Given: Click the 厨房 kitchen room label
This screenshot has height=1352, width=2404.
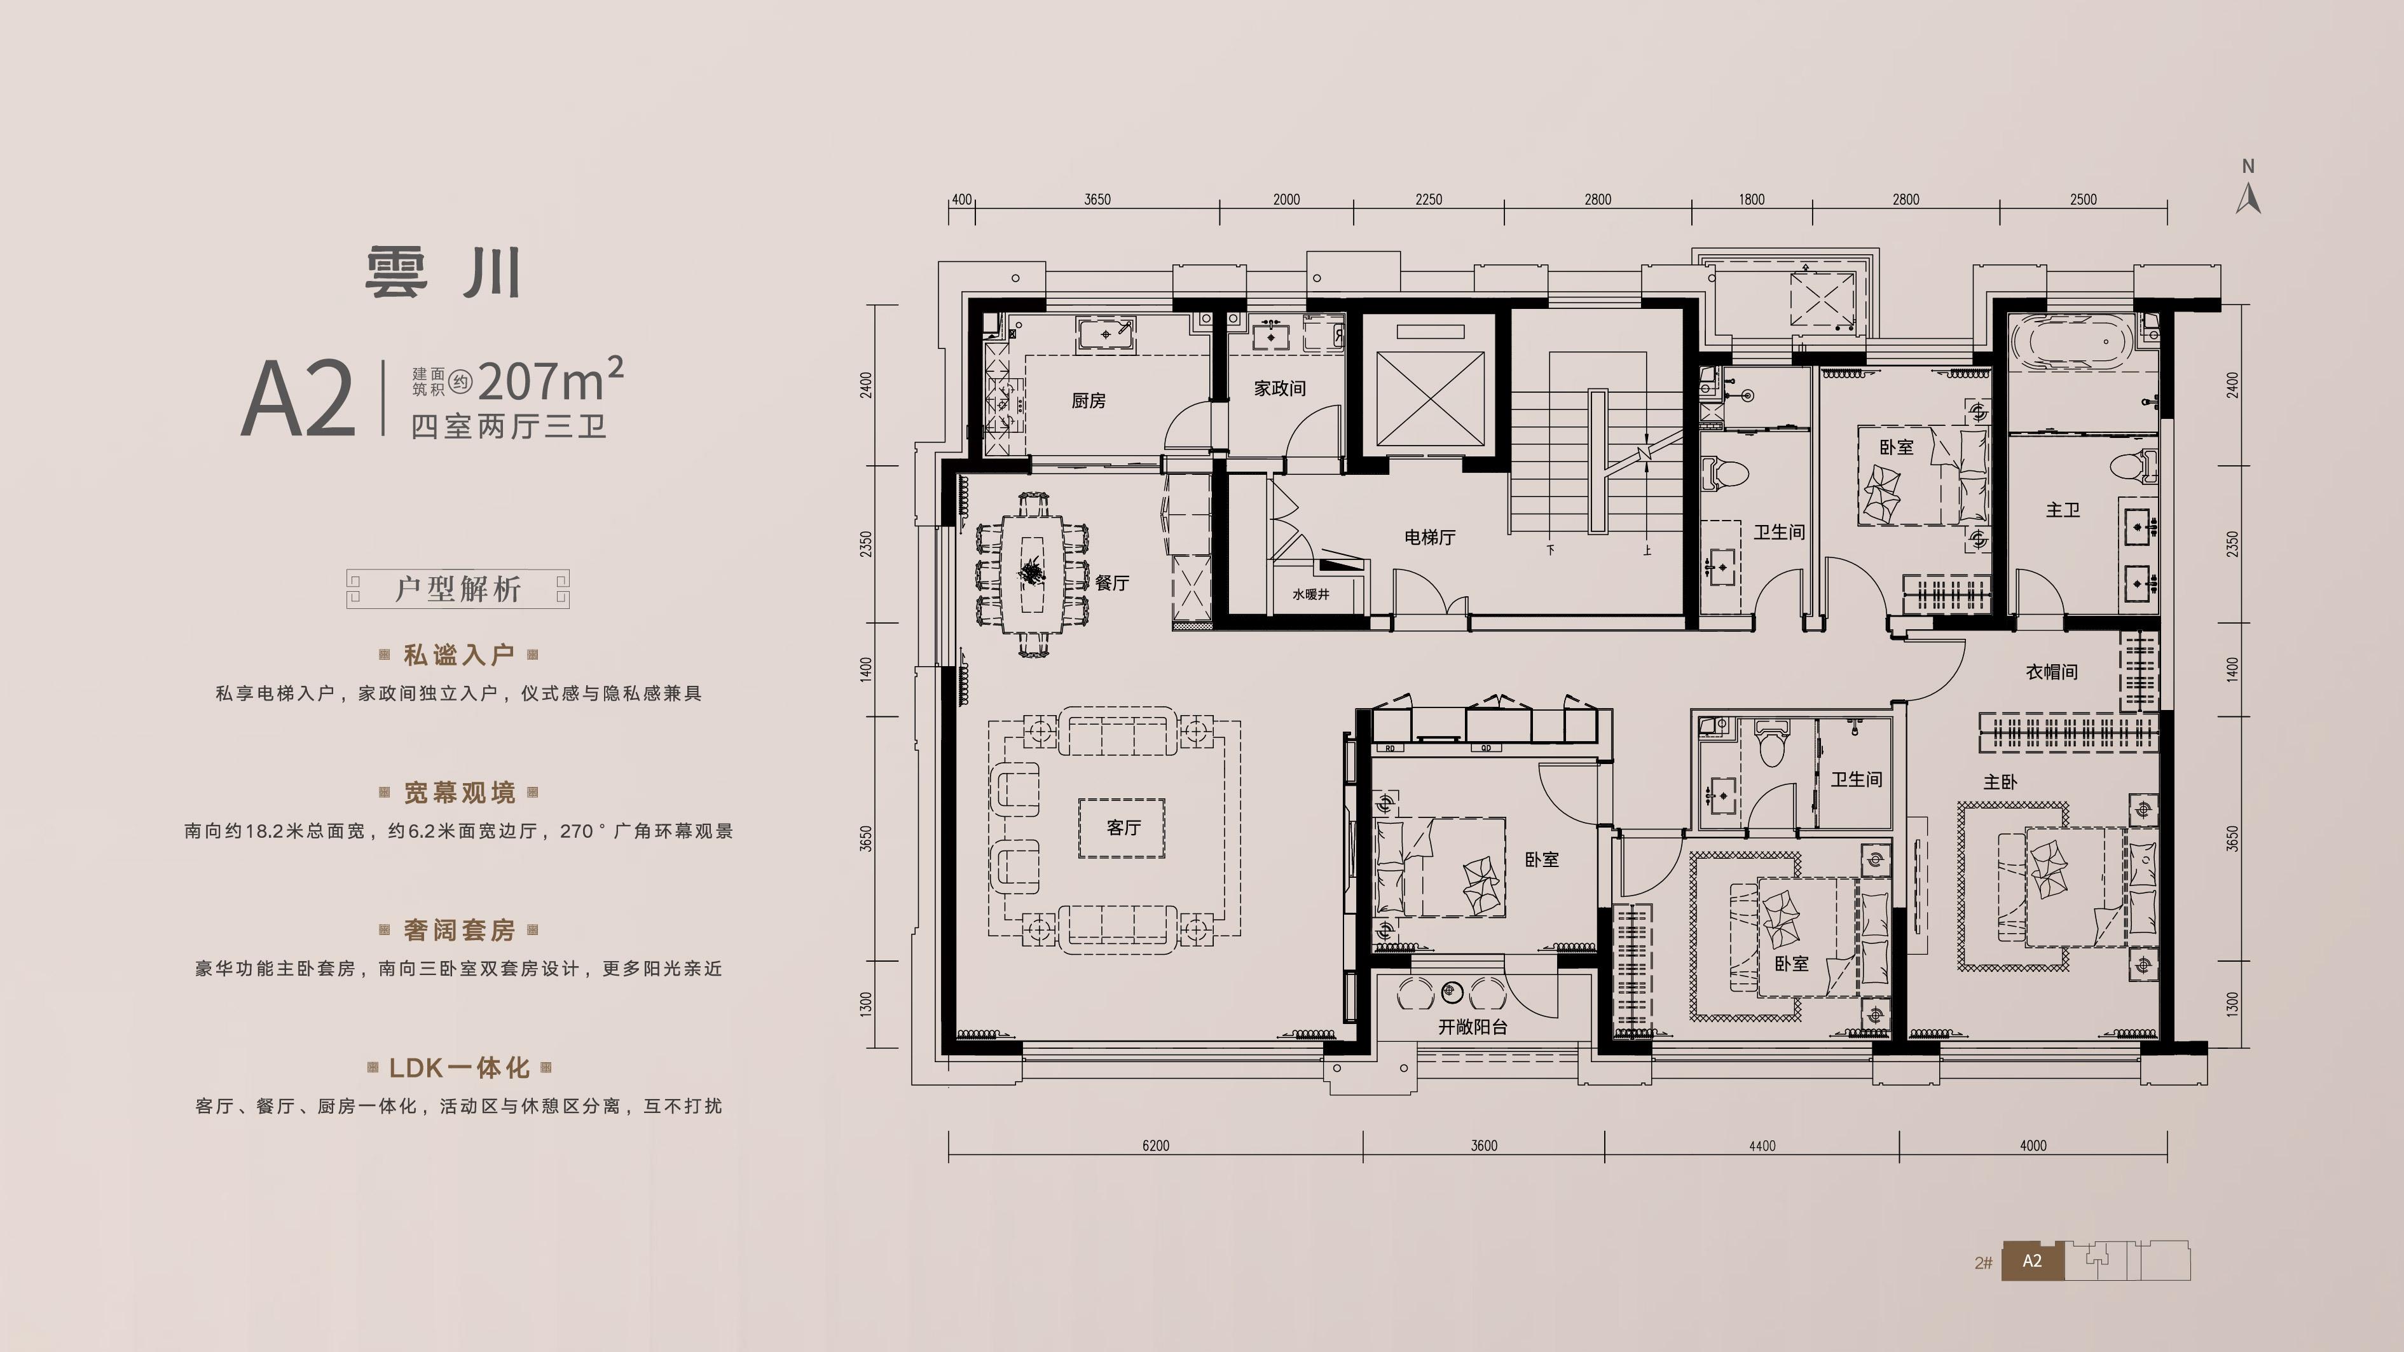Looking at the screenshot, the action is [x=1088, y=400].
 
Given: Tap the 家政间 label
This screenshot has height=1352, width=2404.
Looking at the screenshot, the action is [x=1279, y=388].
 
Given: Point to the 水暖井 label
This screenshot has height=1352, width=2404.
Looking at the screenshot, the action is [x=1311, y=594].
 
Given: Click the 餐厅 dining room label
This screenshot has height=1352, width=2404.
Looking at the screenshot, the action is [x=1113, y=582].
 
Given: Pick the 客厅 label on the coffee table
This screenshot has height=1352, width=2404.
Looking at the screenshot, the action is [x=1123, y=828].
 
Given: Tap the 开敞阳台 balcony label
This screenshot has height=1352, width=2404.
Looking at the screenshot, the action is [x=1473, y=1027].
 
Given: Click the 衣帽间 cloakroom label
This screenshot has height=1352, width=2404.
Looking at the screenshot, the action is [x=2051, y=672].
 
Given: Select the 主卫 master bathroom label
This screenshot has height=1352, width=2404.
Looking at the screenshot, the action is [x=2063, y=509].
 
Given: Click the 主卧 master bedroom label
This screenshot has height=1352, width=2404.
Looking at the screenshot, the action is [x=2000, y=781].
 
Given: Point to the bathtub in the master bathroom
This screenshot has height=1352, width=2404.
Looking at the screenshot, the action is [x=2071, y=343].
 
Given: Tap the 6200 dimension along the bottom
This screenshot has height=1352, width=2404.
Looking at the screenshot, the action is [x=1155, y=1146].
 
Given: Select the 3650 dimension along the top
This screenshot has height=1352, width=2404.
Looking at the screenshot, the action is [x=1097, y=200].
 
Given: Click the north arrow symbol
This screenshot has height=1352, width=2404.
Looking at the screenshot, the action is [x=2248, y=190].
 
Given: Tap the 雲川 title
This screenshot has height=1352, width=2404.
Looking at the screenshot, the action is [x=443, y=273].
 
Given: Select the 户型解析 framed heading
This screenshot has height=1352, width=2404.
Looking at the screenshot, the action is [x=457, y=589].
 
